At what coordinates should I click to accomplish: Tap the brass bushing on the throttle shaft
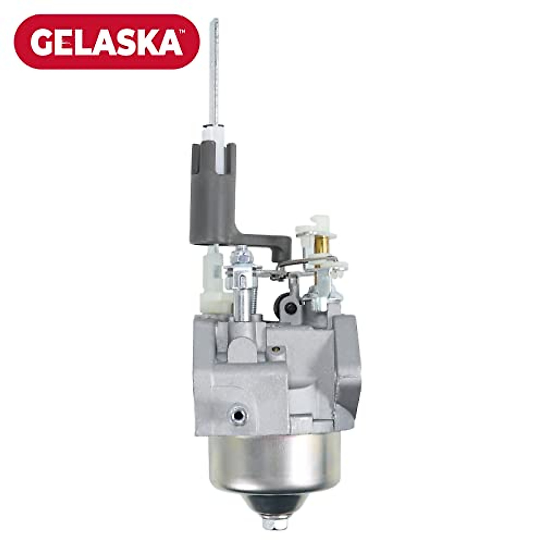click(x=321, y=245)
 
